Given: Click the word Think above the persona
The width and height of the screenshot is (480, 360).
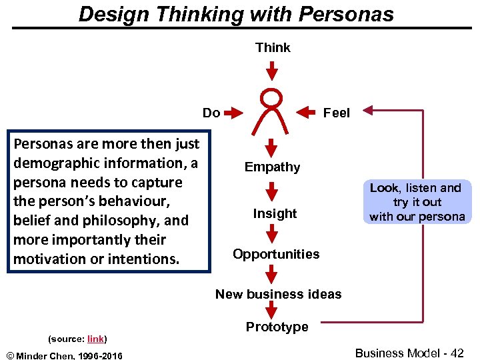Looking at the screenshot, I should point(273,47).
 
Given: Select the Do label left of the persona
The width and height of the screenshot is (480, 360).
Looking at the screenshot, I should point(211,113).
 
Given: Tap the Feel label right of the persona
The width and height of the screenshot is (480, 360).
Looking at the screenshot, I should point(336,113).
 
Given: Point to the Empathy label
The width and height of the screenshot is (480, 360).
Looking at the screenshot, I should point(272,167).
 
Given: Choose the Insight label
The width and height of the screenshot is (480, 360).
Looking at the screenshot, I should point(275,213).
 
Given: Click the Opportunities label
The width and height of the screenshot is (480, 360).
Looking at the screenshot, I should point(276,254).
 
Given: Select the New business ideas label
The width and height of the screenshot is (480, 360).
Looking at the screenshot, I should point(278,294).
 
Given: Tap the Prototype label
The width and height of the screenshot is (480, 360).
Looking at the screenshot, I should point(277,327).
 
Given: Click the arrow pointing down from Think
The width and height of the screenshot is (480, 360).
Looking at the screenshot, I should point(271,69).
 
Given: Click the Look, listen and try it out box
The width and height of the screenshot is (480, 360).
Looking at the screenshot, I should point(417,202).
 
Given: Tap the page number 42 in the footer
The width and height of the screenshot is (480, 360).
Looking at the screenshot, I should point(457,353).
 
